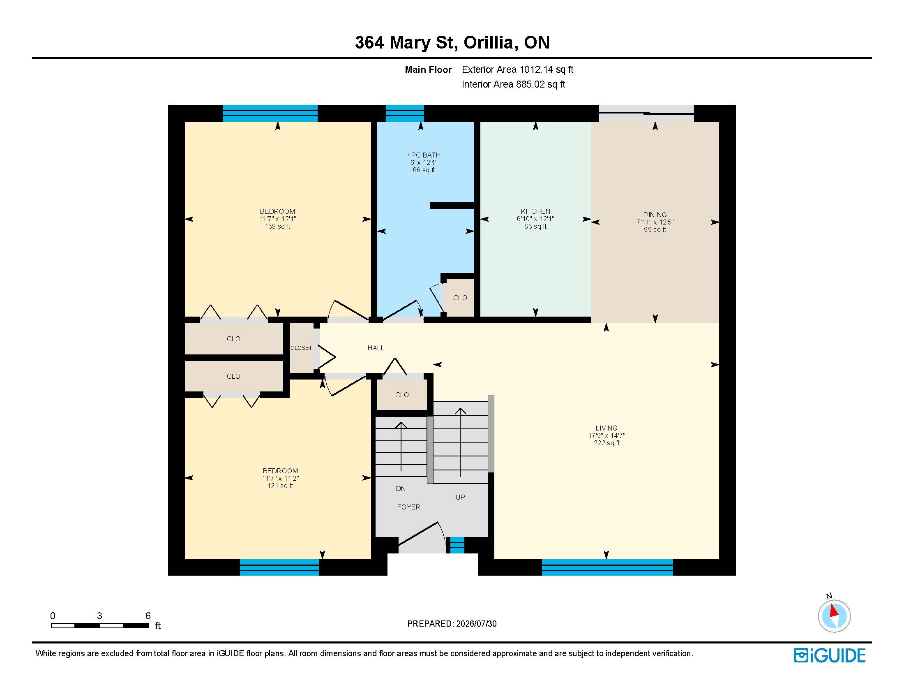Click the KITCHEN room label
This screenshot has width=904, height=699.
pyautogui.click(x=535, y=211)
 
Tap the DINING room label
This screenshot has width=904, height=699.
pyautogui.click(x=655, y=215)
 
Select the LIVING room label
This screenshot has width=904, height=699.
pyautogui.click(x=607, y=428)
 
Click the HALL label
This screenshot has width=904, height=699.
pyautogui.click(x=376, y=348)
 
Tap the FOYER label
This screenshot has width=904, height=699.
pyautogui.click(x=408, y=507)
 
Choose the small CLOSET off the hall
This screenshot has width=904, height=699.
pyautogui.click(x=301, y=348)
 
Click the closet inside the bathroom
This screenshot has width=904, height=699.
pyautogui.click(x=460, y=298)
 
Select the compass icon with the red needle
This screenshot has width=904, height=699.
pyautogui.click(x=834, y=616)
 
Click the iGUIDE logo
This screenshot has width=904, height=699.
pyautogui.click(x=830, y=655)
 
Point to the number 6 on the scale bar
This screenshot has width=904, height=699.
pyautogui.click(x=148, y=616)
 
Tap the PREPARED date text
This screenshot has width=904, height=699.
pyautogui.click(x=452, y=624)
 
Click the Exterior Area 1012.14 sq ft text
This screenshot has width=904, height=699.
pyautogui.click(x=517, y=69)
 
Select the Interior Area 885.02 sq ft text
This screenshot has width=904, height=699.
pyautogui.click(x=513, y=84)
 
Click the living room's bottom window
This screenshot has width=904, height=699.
pyautogui.click(x=607, y=567)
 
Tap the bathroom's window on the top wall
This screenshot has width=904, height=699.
pyautogui.click(x=405, y=113)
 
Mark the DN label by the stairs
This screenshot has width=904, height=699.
pyautogui.click(x=401, y=488)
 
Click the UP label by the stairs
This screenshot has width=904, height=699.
pyautogui.click(x=460, y=497)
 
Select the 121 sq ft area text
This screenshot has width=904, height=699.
pyautogui.click(x=280, y=486)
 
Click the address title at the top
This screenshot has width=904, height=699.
pyautogui.click(x=452, y=43)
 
